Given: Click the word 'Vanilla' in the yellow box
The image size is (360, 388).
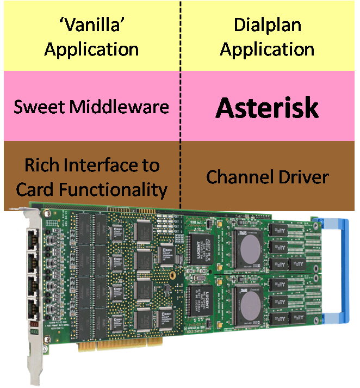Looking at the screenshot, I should (91, 25).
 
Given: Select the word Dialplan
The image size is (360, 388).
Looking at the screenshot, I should (267, 25).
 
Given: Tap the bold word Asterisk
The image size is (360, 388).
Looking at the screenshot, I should (266, 108).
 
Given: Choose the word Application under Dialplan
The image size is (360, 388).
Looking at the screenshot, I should (267, 50).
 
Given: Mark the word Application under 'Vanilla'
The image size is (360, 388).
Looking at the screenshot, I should (91, 50).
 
